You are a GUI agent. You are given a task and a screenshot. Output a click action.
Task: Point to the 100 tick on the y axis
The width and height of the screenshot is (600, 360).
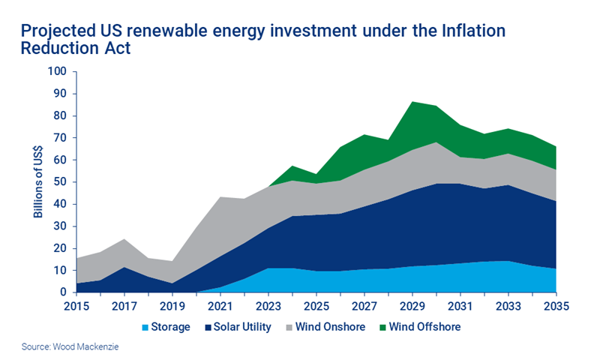click(57, 72)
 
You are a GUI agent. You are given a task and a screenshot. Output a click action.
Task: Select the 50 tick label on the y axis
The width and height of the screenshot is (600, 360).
click(60, 182)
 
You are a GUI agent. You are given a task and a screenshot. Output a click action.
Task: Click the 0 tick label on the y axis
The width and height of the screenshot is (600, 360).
click(63, 292)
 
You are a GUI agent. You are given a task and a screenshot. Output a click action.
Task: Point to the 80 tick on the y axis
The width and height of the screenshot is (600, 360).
click(60, 116)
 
